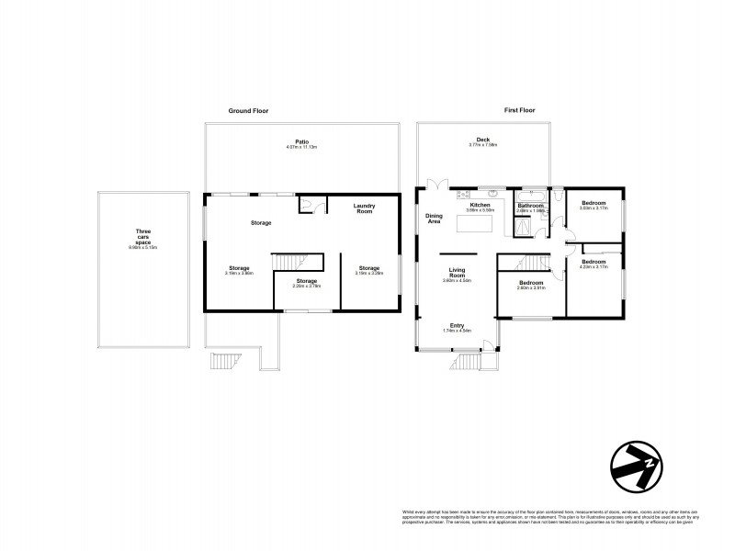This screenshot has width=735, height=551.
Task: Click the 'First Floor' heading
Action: (x=520, y=110)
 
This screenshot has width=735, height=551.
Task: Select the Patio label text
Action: (x=302, y=141)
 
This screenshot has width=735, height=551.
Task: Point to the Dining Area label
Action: (x=434, y=218)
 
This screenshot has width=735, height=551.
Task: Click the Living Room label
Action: (x=458, y=272)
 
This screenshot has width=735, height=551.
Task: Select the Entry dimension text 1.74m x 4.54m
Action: (x=457, y=331)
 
